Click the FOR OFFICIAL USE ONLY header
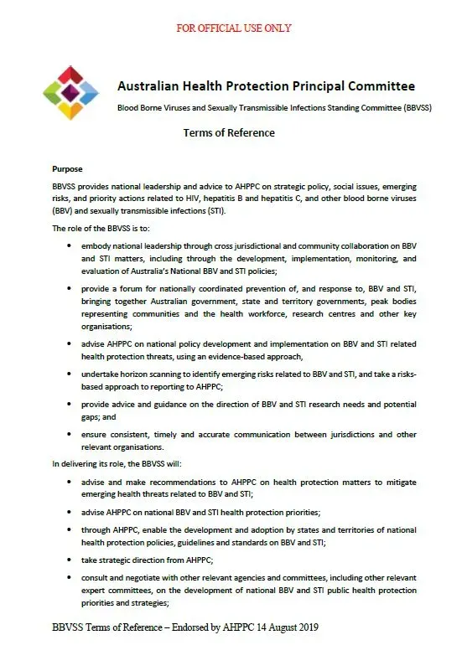pos(234,28)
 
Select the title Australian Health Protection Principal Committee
pos(266,87)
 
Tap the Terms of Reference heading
pos(229,132)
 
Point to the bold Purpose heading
pos(67,168)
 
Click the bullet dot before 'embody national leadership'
pos(68,248)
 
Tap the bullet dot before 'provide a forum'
pos(68,287)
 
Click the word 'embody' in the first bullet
pos(97,248)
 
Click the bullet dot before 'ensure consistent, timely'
pos(68,436)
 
